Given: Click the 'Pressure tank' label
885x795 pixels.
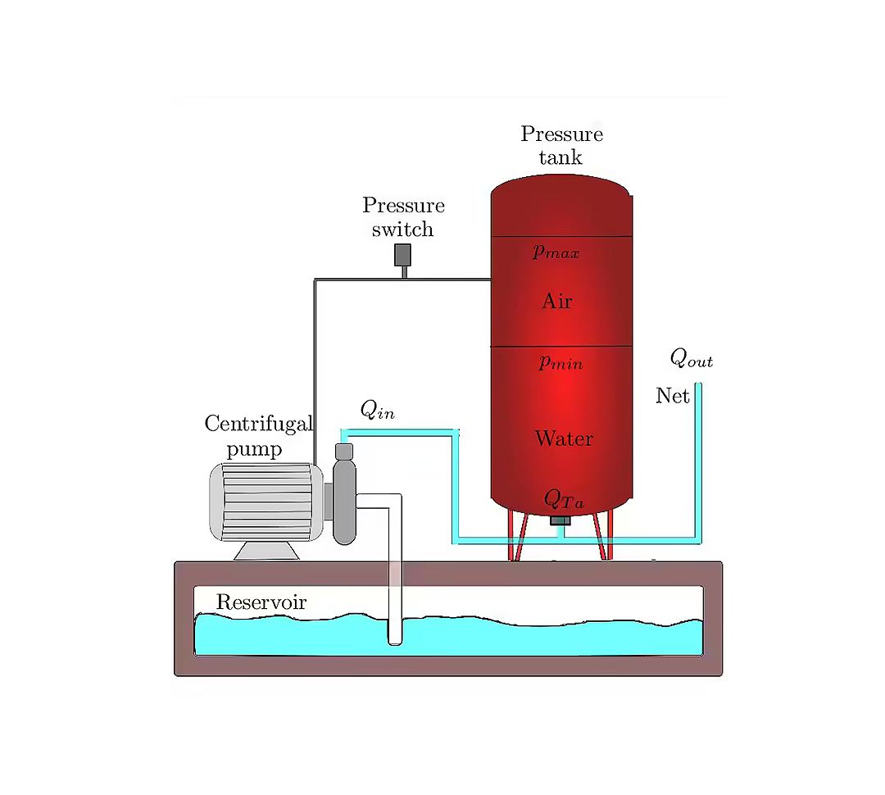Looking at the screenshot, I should tap(561, 145).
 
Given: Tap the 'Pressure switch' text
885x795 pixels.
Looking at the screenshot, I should tap(403, 217).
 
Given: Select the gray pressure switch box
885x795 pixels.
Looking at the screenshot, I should tap(402, 255).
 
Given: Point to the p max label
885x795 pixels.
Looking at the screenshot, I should tap(556, 252).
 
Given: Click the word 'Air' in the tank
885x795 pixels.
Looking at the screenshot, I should tap(557, 302).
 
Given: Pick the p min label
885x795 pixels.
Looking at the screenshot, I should tap(560, 362).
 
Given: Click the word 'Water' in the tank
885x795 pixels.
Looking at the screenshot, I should tap(564, 438).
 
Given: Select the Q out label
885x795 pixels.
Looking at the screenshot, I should tap(692, 358).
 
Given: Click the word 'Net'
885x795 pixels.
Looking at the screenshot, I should tap(672, 397).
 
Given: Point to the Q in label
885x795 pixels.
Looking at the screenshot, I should tap(377, 411).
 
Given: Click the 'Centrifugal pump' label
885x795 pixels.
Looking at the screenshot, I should tap(257, 436).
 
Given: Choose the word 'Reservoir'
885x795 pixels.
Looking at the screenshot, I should tap(261, 603).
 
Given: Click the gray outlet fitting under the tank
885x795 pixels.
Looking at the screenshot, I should tap(560, 520).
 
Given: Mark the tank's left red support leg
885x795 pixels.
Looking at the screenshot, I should tap(515, 537).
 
